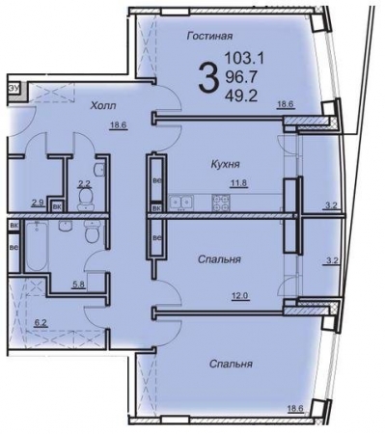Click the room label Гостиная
tap(209, 36)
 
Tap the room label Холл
tap(103, 105)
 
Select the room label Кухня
tap(226, 164)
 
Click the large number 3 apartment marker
tap(206, 77)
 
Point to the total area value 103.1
tap(244, 59)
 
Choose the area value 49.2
tap(241, 95)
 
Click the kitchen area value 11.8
tap(238, 183)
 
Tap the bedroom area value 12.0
tap(240, 295)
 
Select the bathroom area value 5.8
tap(78, 285)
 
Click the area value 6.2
tap(41, 322)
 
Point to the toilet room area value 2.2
tap(84, 184)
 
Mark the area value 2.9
tap(38, 203)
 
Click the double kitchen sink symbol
tap(180, 203)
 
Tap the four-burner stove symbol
tap(222, 203)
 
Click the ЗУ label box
tap(14, 89)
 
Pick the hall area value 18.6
tap(119, 125)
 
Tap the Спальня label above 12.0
tap(219, 259)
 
